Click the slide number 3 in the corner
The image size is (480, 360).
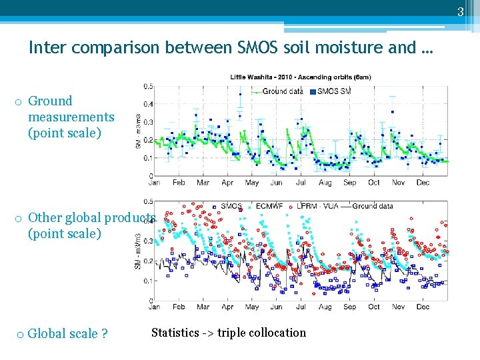(460, 11)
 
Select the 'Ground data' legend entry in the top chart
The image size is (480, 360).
(279, 91)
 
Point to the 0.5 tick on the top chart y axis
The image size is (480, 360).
(148, 86)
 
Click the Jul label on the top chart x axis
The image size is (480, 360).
(301, 183)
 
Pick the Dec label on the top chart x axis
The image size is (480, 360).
(423, 183)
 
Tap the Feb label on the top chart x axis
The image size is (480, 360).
(179, 183)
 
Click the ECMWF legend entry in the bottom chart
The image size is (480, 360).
(271, 206)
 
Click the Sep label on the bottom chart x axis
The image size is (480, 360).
(349, 307)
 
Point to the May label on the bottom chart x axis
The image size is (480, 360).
(252, 307)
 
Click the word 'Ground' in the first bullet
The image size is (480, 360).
(50, 101)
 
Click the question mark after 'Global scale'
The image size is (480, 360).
(104, 334)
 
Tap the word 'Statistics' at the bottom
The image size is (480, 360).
(175, 333)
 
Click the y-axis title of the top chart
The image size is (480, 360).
(138, 131)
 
